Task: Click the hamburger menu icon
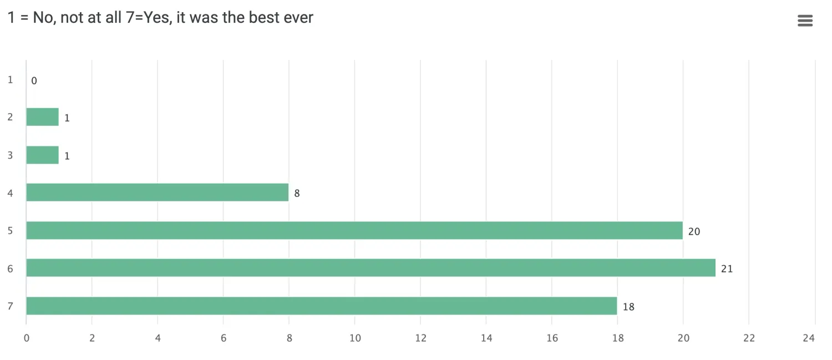click(805, 21)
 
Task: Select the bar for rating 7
click(322, 306)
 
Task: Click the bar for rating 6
click(371, 268)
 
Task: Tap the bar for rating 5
click(354, 230)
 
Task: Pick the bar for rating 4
click(158, 192)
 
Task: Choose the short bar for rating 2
click(43, 117)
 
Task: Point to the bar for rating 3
click(43, 155)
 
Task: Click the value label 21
click(727, 269)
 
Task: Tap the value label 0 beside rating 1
click(34, 81)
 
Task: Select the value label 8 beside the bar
click(297, 194)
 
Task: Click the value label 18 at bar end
click(628, 307)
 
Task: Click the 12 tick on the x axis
click(420, 338)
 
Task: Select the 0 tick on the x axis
click(26, 338)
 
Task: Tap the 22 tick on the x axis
click(748, 338)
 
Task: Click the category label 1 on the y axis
click(11, 80)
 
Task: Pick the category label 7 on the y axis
click(11, 306)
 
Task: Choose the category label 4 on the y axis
click(11, 193)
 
